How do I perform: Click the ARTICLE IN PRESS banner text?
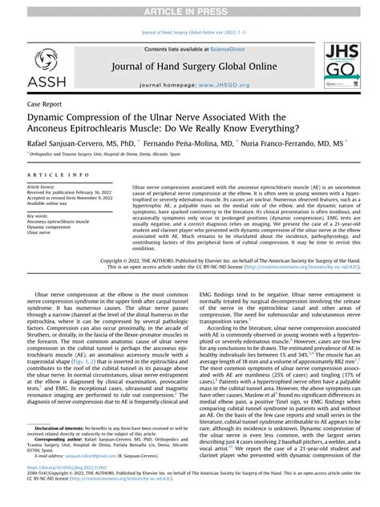click(x=189, y=7)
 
